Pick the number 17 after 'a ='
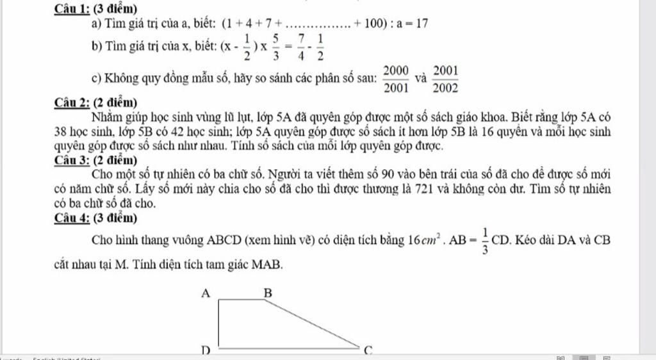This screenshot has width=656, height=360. pyautogui.click(x=422, y=24)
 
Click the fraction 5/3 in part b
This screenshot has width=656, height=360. pyautogui.click(x=274, y=47)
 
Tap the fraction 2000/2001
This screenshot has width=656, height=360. pyautogui.click(x=396, y=79)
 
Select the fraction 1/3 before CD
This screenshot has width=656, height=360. pyautogui.click(x=486, y=241)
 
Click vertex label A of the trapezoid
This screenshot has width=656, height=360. pyautogui.click(x=206, y=293)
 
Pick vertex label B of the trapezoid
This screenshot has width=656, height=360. pyautogui.click(x=268, y=293)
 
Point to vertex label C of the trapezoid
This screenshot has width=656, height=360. pyautogui.click(x=368, y=350)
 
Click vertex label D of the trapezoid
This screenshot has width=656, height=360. pyautogui.click(x=206, y=350)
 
